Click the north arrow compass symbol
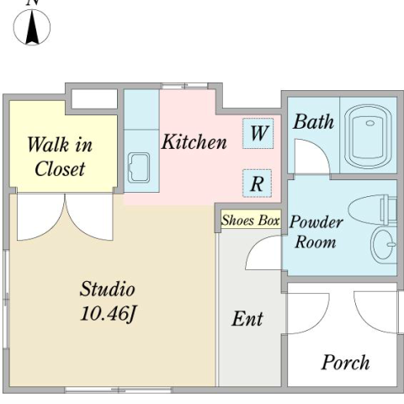32,27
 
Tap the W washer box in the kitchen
258,133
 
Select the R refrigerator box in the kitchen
257,183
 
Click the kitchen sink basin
139,167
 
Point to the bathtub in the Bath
368,136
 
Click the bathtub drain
370,123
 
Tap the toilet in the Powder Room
372,210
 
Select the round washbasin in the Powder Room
383,244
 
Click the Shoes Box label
251,221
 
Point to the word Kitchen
194,141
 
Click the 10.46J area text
109,313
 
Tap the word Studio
108,289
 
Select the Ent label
247,319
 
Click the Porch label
345,363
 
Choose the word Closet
60,169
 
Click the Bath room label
314,122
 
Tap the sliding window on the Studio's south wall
119,390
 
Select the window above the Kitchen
184,86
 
